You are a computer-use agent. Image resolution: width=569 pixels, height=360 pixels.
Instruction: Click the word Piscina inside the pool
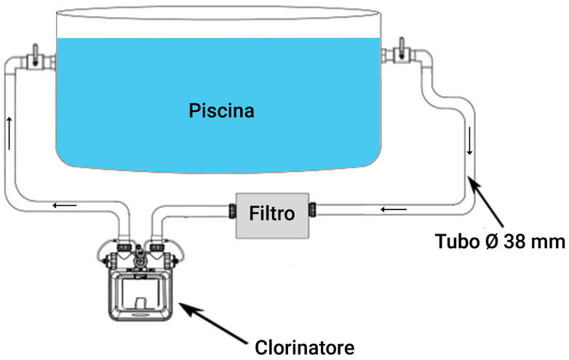pyautogui.click(x=222, y=111)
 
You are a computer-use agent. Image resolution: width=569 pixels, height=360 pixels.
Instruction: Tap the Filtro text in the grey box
pyautogui.click(x=272, y=214)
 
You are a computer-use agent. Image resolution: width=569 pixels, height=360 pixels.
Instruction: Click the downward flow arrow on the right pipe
pyautogui.click(x=470, y=148)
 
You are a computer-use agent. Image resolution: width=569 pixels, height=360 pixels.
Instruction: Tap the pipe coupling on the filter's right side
pyautogui.click(x=313, y=212)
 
